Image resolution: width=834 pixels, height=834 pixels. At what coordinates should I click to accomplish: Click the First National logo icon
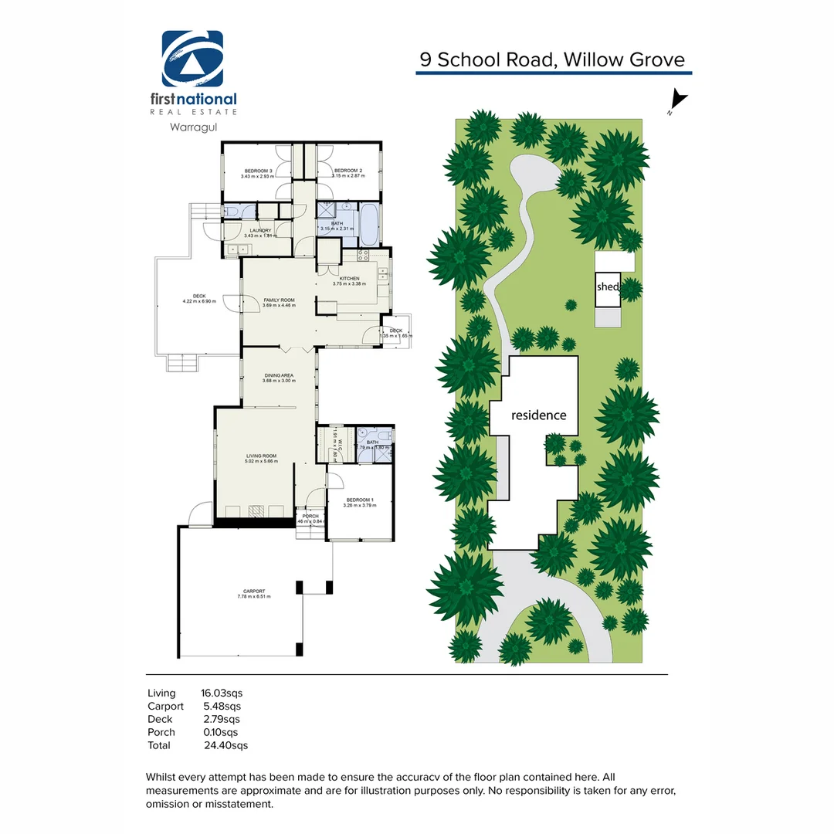pos(192,59)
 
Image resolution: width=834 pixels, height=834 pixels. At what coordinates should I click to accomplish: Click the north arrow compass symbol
pos(676,101)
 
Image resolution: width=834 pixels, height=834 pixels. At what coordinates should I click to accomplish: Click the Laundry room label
pos(259,232)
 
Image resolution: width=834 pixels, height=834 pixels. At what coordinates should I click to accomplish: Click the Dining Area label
pos(279,378)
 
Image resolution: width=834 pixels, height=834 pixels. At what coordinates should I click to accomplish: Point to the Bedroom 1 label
pos(361,502)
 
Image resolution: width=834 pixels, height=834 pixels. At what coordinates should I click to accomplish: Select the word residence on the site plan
pos(539,415)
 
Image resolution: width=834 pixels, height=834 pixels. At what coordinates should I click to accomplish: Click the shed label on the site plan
pos(607,286)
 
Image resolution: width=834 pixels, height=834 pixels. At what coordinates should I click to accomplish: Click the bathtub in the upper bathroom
pos(368,224)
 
